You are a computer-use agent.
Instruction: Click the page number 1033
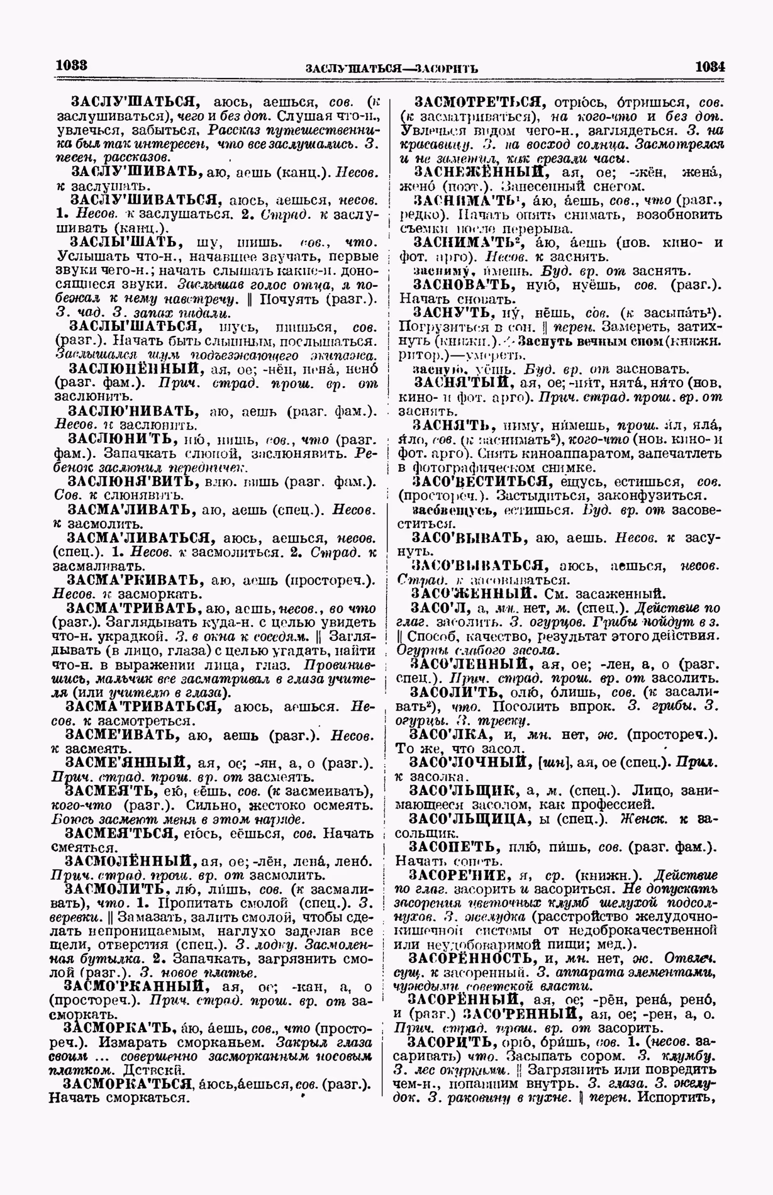[71, 65]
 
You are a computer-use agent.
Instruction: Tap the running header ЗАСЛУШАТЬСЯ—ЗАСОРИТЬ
[391, 67]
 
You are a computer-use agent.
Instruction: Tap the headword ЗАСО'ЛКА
[445, 735]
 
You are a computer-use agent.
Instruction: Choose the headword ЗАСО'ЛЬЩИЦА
[470, 818]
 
